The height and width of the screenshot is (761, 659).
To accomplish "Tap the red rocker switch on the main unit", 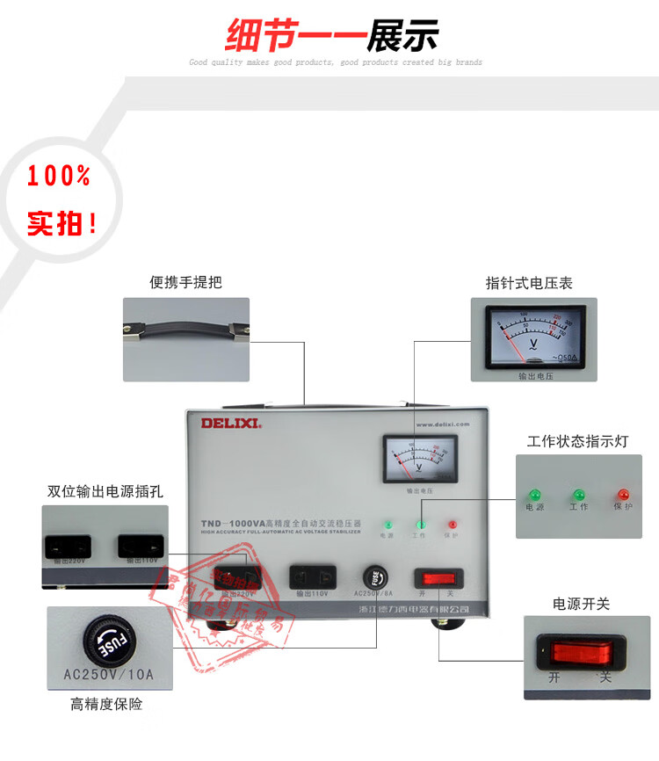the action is pos(438,577).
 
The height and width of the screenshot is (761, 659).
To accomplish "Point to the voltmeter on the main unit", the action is pos(416,459).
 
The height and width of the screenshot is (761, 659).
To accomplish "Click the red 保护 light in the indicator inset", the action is pos(623,496).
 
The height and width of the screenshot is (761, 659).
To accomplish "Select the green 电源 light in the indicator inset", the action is pos(533,496).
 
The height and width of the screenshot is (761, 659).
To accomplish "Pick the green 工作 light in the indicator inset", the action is pos(578,496).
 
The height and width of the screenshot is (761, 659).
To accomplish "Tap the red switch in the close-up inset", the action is pos(576,652).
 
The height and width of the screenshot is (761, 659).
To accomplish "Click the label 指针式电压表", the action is pos(529,283).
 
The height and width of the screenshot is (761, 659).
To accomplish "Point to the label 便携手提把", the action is pos(185,282).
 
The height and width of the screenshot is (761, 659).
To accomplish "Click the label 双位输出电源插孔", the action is pos(105,491).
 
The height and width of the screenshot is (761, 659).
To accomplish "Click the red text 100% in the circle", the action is pos(59,177).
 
